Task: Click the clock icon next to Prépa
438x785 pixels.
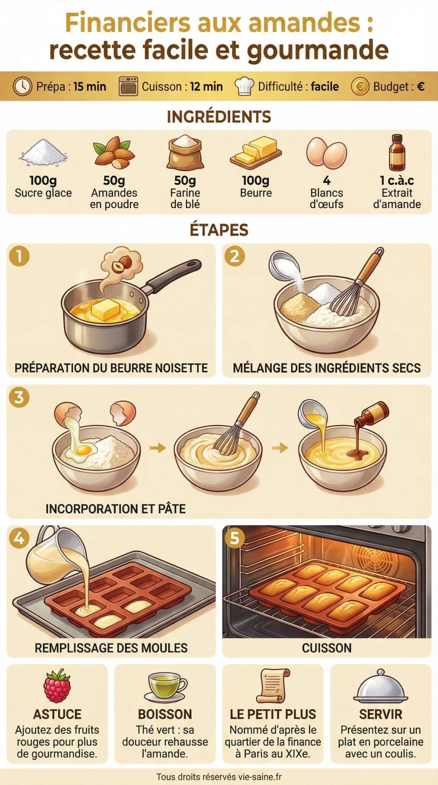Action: click(x=22, y=86)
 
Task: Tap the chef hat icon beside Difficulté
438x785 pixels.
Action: click(x=244, y=86)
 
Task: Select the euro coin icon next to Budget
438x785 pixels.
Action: click(x=359, y=86)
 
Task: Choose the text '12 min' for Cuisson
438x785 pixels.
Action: click(x=206, y=87)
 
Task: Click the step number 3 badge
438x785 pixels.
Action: click(x=19, y=397)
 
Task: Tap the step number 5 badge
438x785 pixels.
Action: click(x=235, y=538)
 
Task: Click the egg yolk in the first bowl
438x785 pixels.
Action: click(x=84, y=449)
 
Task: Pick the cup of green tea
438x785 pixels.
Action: click(x=165, y=687)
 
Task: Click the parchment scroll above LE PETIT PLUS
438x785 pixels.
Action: click(x=273, y=686)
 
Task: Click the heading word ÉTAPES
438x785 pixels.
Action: click(x=219, y=230)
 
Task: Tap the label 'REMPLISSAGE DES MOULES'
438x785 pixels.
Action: click(x=111, y=648)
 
